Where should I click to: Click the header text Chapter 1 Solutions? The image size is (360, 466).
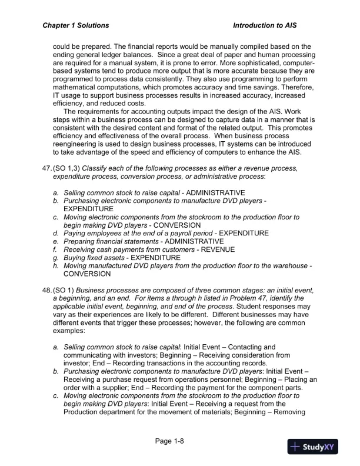pos(76,26)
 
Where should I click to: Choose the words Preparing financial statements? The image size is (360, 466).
pos(110,241)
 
